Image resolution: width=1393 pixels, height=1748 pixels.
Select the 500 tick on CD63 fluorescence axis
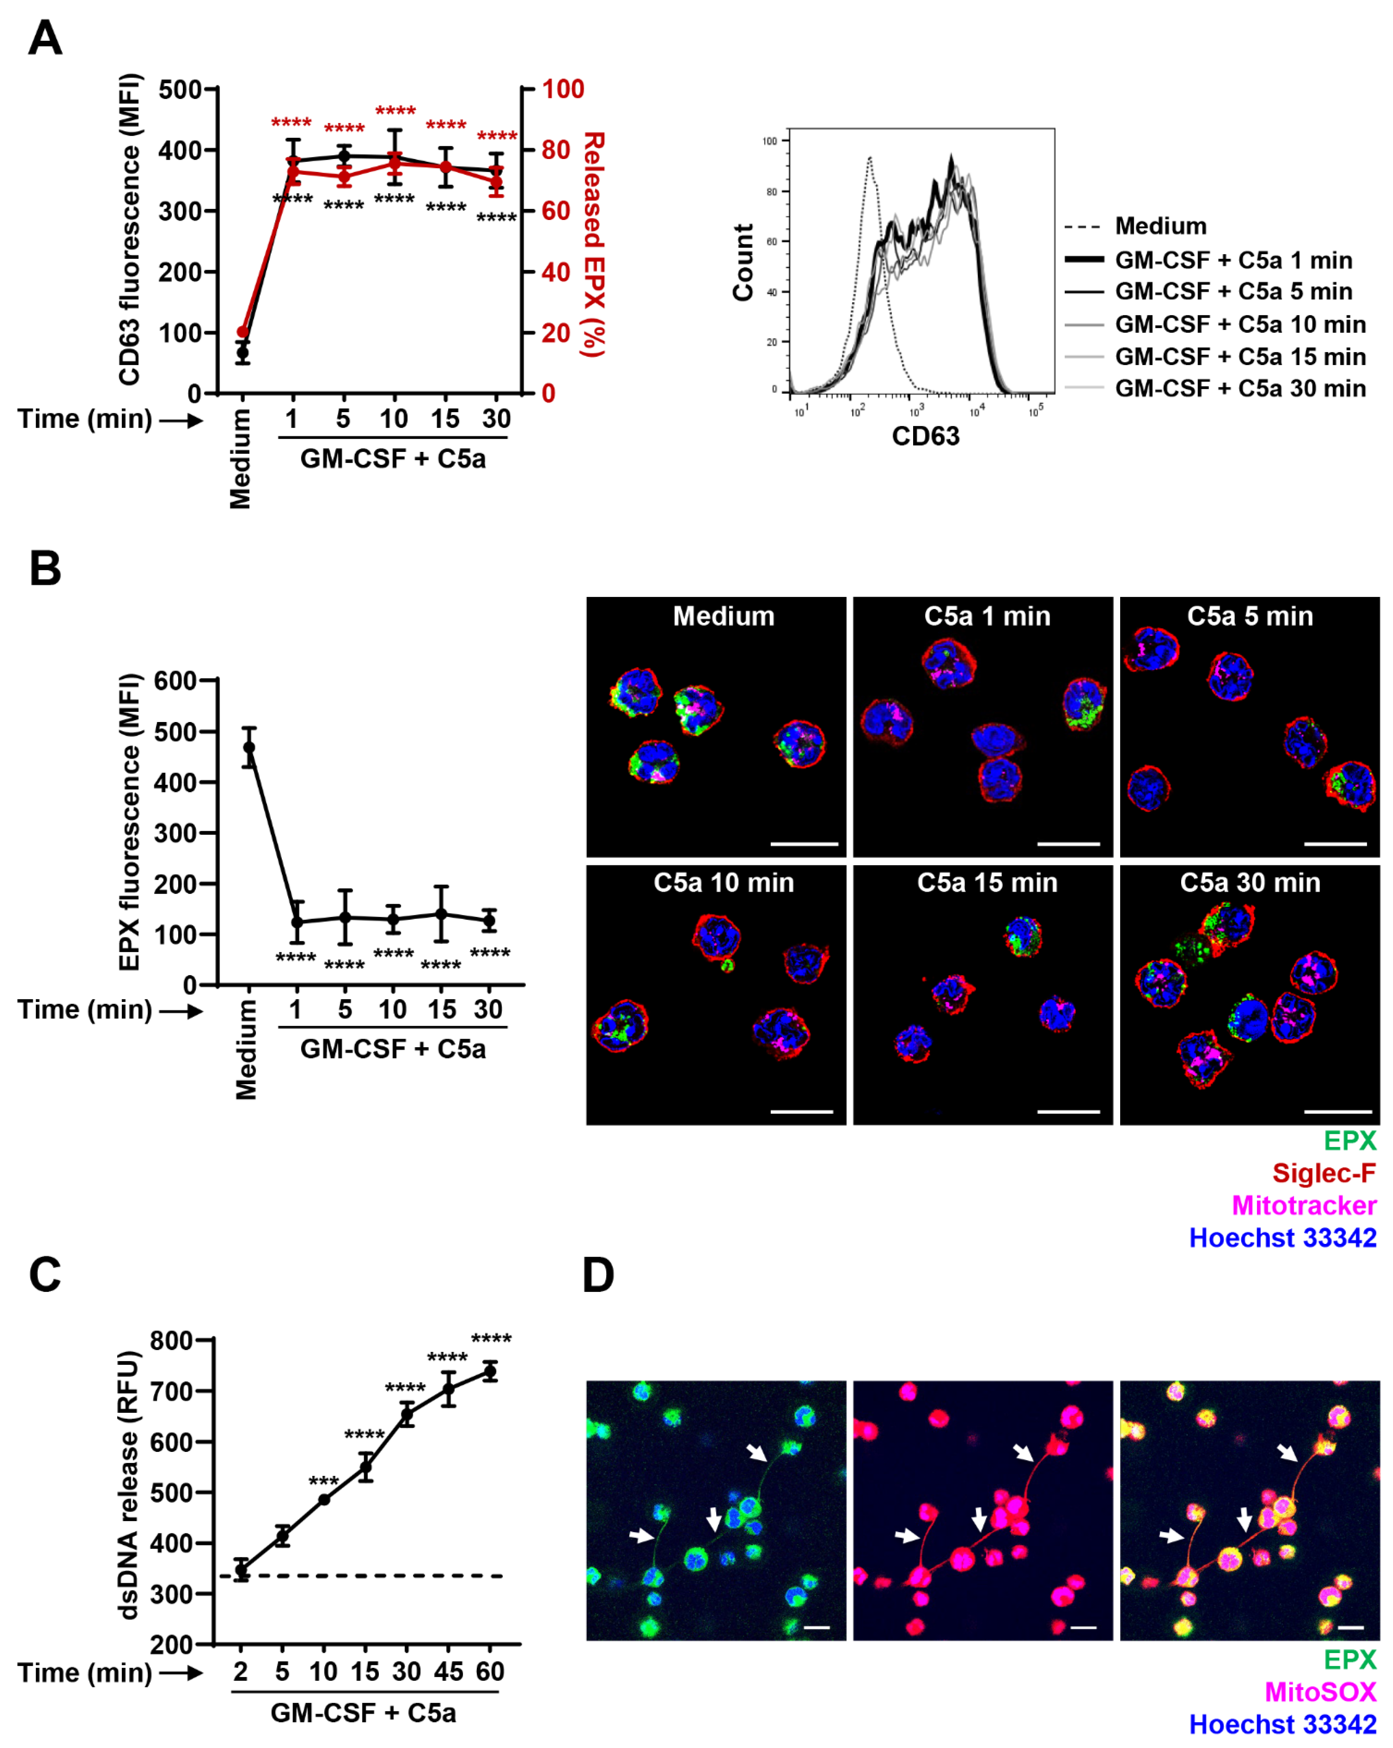(180, 89)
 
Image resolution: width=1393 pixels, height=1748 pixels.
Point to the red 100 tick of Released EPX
(563, 89)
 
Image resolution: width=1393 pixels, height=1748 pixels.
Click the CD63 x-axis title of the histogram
(925, 436)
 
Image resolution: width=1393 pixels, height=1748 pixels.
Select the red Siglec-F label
(1323, 1173)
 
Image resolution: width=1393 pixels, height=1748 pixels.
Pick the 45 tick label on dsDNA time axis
(448, 1672)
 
